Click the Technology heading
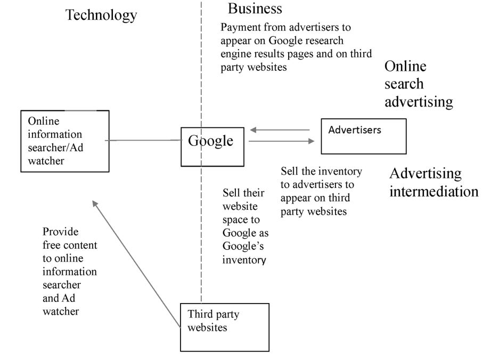(101, 15)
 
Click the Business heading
(255, 9)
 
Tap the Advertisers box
(363, 136)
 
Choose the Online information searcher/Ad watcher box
(64, 141)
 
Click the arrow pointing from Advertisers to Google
(280, 129)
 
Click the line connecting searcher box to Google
(143, 141)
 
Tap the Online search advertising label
(419, 84)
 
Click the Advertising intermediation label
(433, 182)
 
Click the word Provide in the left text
(60, 232)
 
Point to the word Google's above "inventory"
(244, 247)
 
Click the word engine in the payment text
(235, 53)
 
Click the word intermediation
(433, 191)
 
